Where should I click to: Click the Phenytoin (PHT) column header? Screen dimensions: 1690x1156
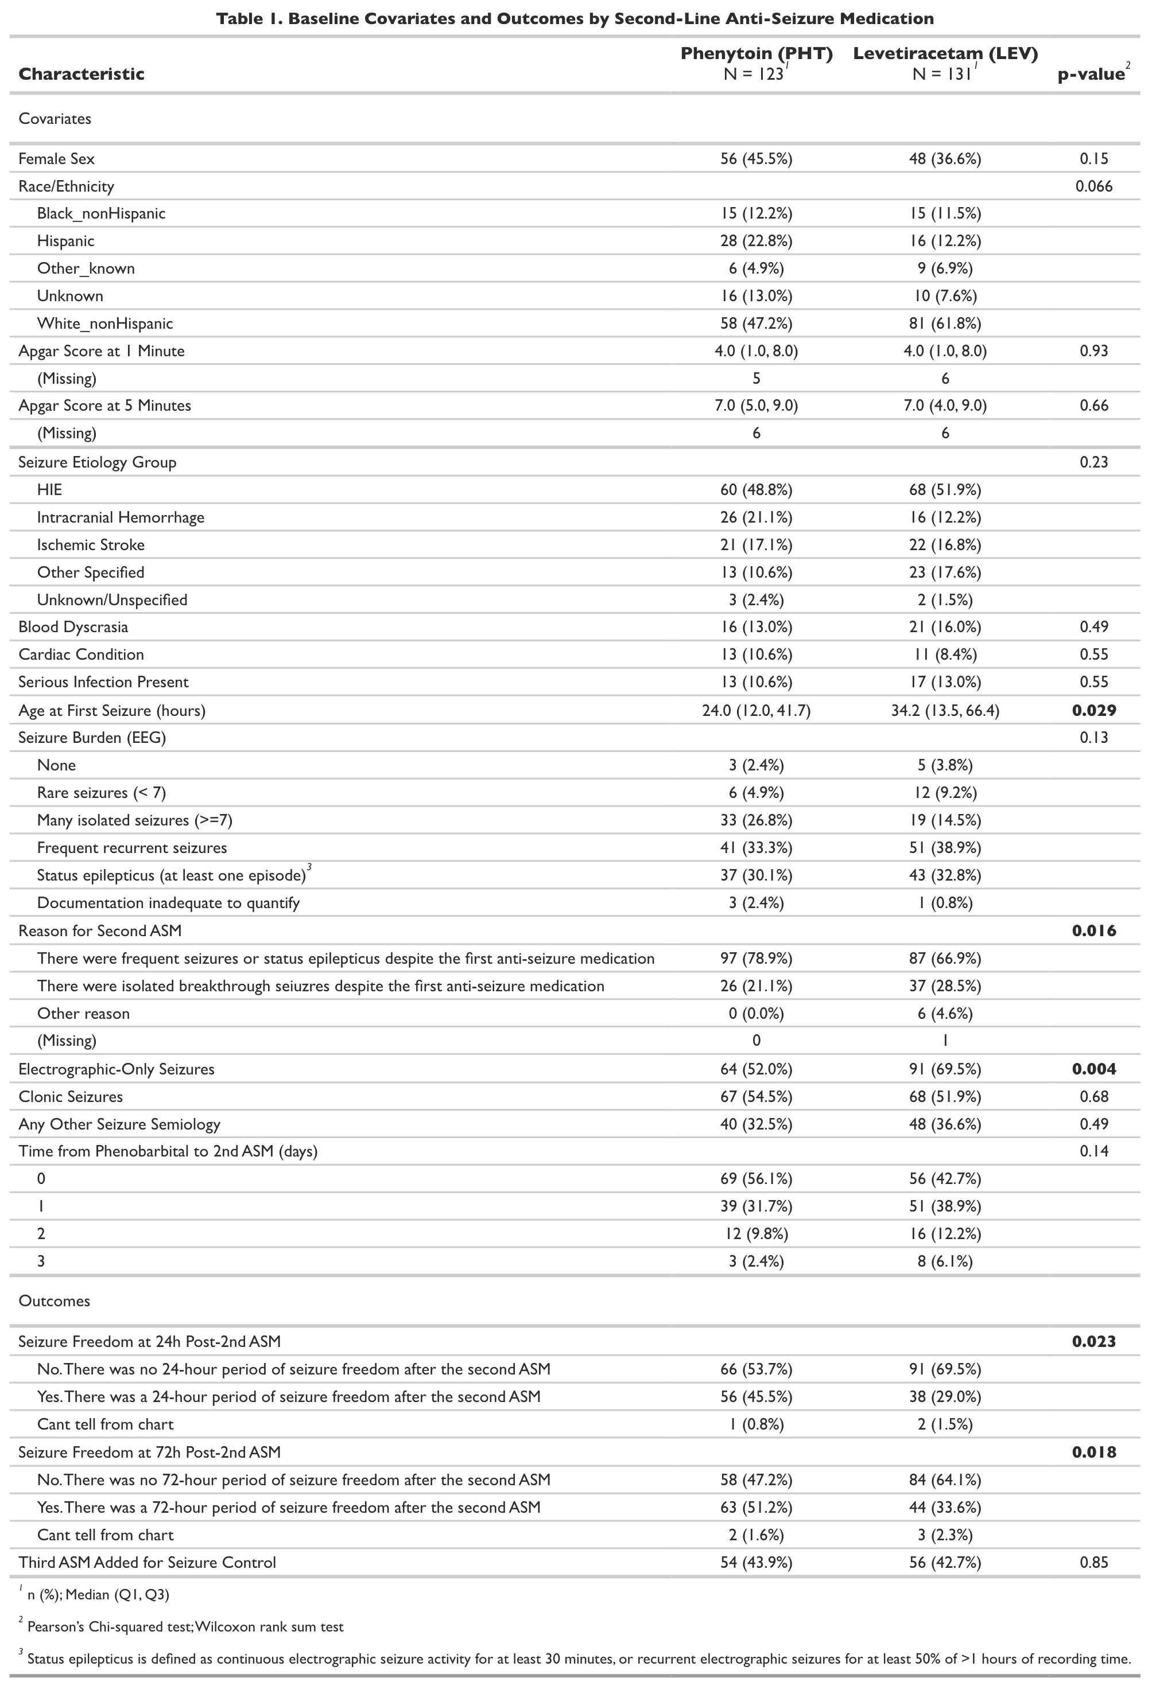click(x=756, y=54)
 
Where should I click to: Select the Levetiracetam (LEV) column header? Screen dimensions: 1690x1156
click(x=945, y=54)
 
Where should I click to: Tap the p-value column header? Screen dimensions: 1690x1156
click(x=1091, y=74)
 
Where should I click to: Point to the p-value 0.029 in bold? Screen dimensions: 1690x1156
click(x=1093, y=710)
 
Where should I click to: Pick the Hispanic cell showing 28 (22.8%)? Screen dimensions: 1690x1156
click(x=756, y=242)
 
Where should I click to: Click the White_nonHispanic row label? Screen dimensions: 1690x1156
click(x=105, y=324)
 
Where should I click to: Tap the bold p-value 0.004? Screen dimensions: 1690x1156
click(x=1093, y=1069)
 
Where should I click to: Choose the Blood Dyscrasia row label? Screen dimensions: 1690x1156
click(x=73, y=627)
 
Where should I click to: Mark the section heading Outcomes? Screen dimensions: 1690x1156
click(x=54, y=1301)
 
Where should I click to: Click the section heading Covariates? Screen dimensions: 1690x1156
click(x=55, y=119)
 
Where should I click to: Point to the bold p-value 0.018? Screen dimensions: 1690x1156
click(x=1093, y=1452)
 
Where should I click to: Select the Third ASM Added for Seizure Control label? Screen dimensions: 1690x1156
click(x=147, y=1563)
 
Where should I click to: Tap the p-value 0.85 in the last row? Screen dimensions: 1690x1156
click(x=1093, y=1563)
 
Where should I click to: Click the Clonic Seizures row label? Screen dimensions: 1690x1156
click(x=71, y=1097)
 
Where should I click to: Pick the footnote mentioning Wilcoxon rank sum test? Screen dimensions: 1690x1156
click(x=185, y=1627)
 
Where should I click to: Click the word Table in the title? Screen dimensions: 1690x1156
click(x=237, y=19)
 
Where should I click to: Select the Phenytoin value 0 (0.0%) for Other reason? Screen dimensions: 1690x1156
click(x=756, y=1014)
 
